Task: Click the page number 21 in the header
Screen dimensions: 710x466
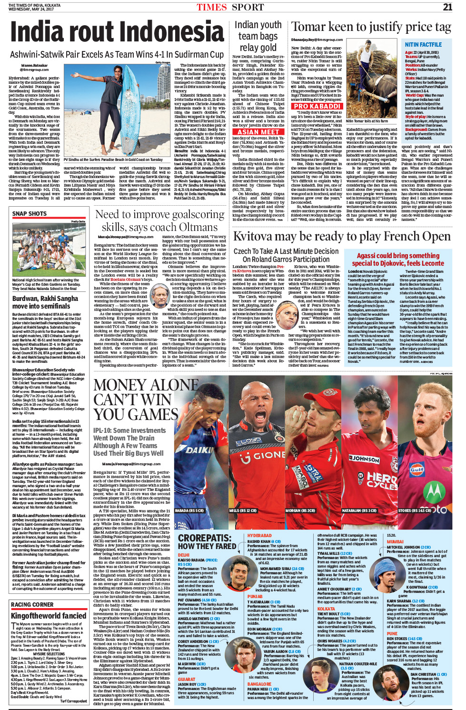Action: (447, 7)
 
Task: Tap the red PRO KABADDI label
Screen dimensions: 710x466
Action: (317, 106)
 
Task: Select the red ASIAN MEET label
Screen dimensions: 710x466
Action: (258, 132)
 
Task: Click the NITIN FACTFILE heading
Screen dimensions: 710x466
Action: (423, 44)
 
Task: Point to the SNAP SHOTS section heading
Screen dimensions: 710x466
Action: (30, 214)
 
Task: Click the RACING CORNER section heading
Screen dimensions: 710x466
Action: (32, 605)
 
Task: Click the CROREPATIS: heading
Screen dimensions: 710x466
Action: (205, 538)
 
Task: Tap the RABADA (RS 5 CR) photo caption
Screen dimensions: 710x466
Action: (189, 511)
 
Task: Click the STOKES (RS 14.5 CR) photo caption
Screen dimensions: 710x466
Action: (415, 511)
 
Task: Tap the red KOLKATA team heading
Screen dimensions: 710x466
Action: (326, 609)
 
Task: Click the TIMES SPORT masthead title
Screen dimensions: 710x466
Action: (230, 7)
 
